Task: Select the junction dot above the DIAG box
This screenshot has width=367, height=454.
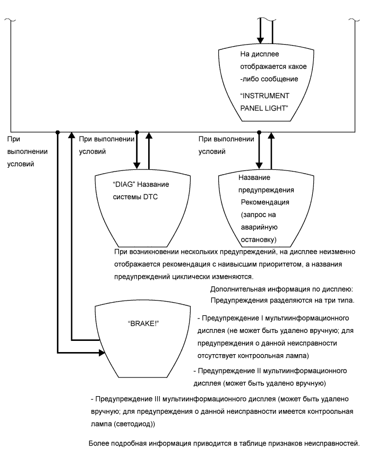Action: click(x=138, y=131)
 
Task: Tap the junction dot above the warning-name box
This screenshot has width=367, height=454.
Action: click(x=259, y=131)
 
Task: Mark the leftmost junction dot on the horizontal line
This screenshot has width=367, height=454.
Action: click(x=58, y=131)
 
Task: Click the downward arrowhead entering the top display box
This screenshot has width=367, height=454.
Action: click(x=260, y=40)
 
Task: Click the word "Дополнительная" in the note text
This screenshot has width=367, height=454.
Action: click(x=236, y=290)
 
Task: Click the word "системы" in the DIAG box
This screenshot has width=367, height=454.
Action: click(x=127, y=198)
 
